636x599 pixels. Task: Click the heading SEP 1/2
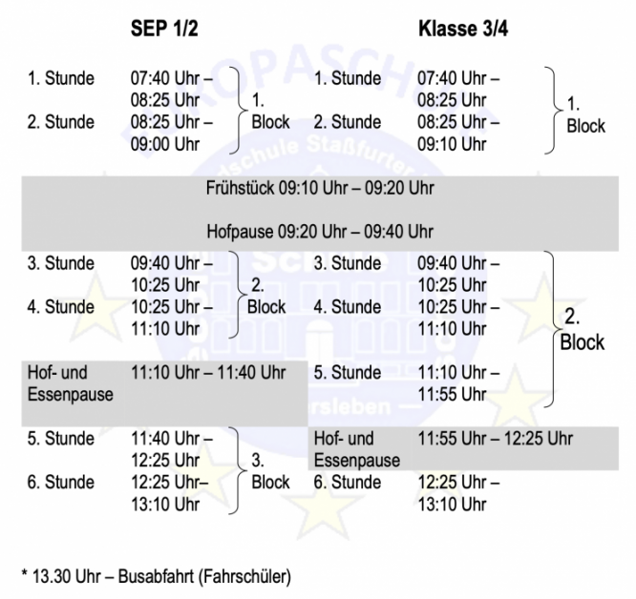(164, 29)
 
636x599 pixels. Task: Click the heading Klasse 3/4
(463, 29)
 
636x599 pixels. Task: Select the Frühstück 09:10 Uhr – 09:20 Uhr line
(320, 188)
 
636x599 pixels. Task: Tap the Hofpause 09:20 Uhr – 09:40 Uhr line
(320, 232)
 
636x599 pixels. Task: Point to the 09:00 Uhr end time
(165, 144)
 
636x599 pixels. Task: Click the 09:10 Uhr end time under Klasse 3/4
(452, 144)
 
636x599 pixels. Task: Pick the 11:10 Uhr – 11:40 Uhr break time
(208, 373)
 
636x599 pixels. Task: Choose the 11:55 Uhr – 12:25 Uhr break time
(496, 439)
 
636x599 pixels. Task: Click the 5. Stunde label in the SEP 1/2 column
(61, 439)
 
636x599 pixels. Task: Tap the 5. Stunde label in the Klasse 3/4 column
(348, 373)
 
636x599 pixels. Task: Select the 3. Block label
(270, 471)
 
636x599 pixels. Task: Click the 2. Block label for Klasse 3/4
(583, 329)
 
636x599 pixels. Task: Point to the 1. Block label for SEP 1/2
(270, 111)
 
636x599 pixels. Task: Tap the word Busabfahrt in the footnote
(156, 576)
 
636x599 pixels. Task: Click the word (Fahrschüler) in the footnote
(244, 577)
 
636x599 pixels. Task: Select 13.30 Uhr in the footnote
(67, 576)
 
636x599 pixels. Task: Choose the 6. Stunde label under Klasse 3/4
(348, 483)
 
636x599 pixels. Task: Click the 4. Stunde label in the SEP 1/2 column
(61, 307)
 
